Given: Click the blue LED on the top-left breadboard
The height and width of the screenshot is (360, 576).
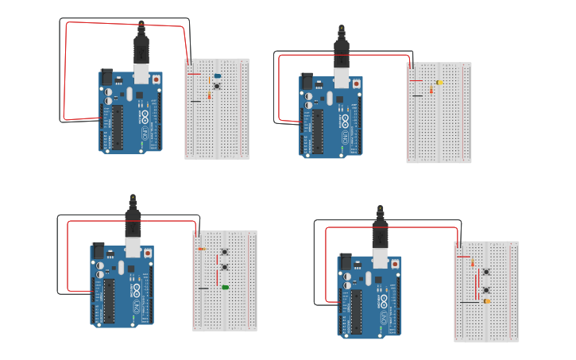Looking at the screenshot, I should (x=217, y=76).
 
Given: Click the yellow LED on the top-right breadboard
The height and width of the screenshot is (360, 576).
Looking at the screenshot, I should (x=439, y=83).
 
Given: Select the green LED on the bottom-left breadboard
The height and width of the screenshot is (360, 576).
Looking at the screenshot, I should (x=225, y=287).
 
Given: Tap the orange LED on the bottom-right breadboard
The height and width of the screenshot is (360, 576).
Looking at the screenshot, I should (x=486, y=301).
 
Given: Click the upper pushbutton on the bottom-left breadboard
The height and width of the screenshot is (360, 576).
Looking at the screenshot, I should (x=224, y=254).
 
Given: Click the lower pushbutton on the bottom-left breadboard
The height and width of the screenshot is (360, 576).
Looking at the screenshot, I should (x=224, y=267).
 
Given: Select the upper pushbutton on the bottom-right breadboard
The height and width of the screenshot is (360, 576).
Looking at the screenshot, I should (x=485, y=272).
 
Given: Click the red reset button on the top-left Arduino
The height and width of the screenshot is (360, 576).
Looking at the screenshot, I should (x=156, y=79).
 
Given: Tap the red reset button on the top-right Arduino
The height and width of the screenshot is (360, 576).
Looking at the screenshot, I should (x=356, y=83).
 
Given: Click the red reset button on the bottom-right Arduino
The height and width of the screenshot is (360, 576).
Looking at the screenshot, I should (x=394, y=264).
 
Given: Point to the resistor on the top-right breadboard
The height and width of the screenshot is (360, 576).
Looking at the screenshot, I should (x=431, y=91).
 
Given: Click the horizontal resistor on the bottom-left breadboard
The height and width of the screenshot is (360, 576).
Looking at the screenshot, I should (x=201, y=250).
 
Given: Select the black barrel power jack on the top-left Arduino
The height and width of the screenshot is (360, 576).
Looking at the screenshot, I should (x=106, y=78).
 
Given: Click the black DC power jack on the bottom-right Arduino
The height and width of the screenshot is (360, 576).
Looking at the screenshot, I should (x=345, y=261).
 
